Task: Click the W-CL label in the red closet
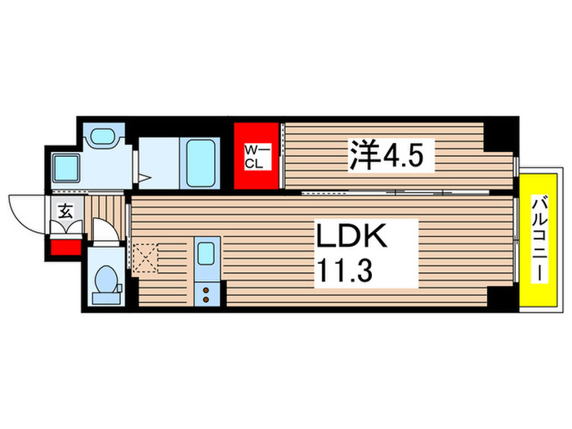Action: coord(257,155)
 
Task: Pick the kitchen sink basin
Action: coord(207,255)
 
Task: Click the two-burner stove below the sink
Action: coord(207,293)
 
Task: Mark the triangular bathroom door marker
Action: coord(145,177)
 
